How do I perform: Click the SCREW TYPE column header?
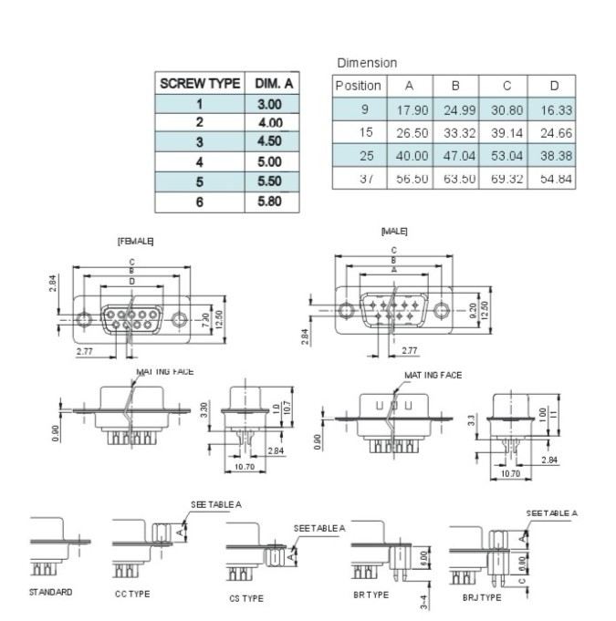199,83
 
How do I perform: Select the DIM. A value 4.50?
270,141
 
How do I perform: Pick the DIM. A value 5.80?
270,202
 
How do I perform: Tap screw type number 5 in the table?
199,181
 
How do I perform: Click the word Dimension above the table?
367,63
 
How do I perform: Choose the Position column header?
358,86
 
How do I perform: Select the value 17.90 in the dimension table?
410,109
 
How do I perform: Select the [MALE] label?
394,232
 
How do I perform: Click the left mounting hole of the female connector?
85,319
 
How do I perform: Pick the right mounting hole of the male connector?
443,310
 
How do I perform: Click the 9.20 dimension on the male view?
473,310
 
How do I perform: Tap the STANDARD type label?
50,592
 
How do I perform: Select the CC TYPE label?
132,594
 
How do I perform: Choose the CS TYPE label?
245,598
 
